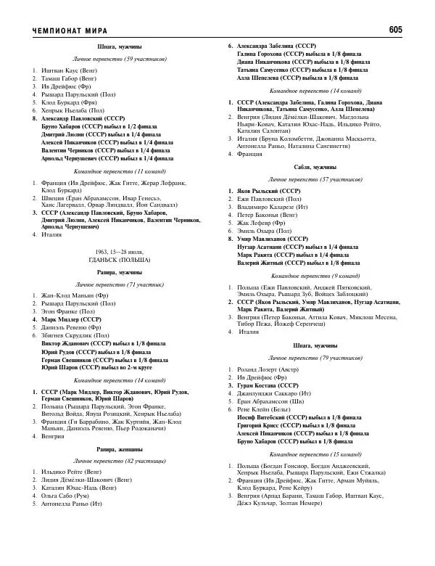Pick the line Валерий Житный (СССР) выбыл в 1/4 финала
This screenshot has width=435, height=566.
(x=284, y=263)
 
